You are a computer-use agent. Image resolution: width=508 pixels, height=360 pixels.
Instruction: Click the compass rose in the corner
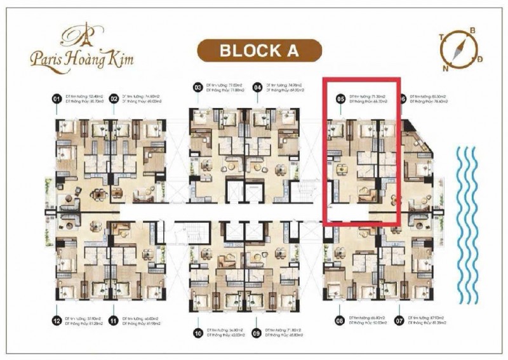[458, 48]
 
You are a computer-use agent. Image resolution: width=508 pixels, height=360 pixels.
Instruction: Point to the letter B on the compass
[472, 30]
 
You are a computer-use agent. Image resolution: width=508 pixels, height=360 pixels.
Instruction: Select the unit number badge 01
[57, 99]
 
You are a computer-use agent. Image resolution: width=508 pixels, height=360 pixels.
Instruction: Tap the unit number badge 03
[197, 87]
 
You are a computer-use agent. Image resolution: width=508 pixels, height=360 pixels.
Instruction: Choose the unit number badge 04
[257, 87]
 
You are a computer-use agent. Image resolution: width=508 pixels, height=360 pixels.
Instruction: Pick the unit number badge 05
[340, 99]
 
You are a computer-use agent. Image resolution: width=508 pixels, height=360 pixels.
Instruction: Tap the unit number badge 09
[257, 331]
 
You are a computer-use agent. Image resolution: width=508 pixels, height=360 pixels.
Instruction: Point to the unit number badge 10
[197, 331]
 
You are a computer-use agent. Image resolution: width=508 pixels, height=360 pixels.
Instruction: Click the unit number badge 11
[114, 321]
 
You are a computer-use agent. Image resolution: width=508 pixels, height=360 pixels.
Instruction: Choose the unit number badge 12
[57, 321]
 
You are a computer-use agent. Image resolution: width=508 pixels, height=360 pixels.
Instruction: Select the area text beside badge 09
[283, 331]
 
